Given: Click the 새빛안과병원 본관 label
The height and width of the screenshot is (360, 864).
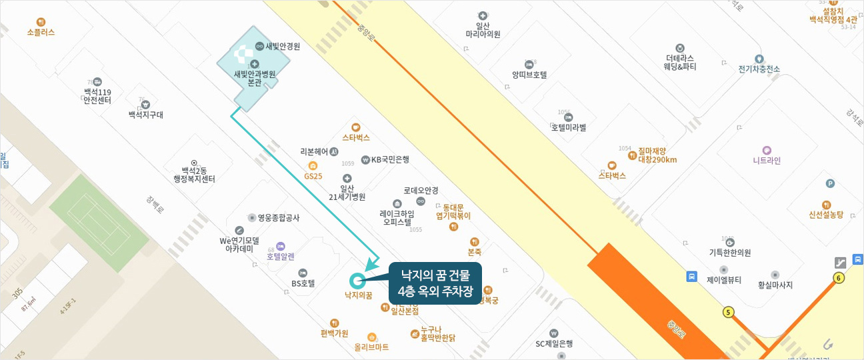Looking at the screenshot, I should pos(254,78).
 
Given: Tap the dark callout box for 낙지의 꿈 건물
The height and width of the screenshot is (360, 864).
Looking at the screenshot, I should pos(435,283).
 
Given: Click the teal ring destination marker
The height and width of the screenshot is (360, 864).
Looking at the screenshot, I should pos(356,281).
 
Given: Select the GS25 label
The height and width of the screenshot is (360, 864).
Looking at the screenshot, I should pos(313,176).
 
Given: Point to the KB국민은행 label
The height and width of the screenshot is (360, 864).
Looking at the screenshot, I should pos(390,159).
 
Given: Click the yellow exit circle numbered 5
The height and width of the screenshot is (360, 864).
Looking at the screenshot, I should pos(728,312).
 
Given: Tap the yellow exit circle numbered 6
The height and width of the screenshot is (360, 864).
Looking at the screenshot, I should pos(839,278).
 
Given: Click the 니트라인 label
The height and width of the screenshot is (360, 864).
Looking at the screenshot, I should pos(767,160).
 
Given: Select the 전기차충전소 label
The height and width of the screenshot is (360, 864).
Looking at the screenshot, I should pos(759,69).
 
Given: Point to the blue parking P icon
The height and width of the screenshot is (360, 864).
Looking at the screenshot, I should pos(830,183).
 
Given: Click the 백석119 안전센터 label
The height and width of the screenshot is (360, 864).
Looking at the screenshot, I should pos(97,95).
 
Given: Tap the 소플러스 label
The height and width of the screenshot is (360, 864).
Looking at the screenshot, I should pos(41,31).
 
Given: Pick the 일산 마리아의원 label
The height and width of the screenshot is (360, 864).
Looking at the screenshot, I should pos(483,29).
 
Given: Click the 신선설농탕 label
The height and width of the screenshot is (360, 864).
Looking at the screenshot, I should pos(826,214).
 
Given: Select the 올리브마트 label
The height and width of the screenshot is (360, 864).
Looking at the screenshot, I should pos(371,347).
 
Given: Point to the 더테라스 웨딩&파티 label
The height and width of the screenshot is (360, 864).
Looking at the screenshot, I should pos(680,62).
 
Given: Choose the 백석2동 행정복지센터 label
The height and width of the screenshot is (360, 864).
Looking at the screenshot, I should pos(194,174).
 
